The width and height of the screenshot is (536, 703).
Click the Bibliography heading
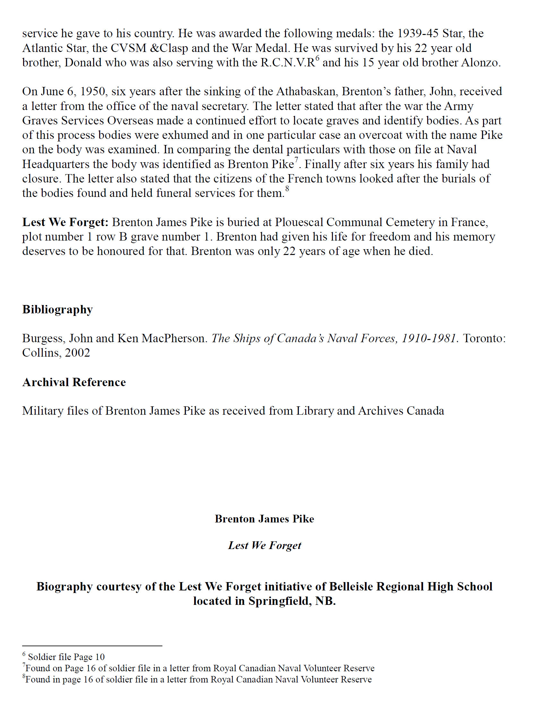click(x=57, y=309)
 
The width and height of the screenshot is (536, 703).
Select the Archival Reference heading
click(x=74, y=382)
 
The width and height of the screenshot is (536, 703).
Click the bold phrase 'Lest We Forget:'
click(x=65, y=222)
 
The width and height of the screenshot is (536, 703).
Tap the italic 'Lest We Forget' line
click(x=264, y=545)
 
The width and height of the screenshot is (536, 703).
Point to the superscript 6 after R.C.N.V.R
click(x=317, y=58)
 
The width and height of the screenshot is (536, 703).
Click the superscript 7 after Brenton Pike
click(x=296, y=160)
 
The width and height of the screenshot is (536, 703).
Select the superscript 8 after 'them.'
click(x=287, y=189)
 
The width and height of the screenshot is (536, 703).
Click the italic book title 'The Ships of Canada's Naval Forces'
click(x=334, y=338)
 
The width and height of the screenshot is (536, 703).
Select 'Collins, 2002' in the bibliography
click(x=56, y=353)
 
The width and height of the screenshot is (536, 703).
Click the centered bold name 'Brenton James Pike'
click(x=264, y=519)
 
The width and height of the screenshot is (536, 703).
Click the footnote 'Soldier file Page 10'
click(x=66, y=657)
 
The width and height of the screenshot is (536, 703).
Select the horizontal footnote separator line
click(x=92, y=646)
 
